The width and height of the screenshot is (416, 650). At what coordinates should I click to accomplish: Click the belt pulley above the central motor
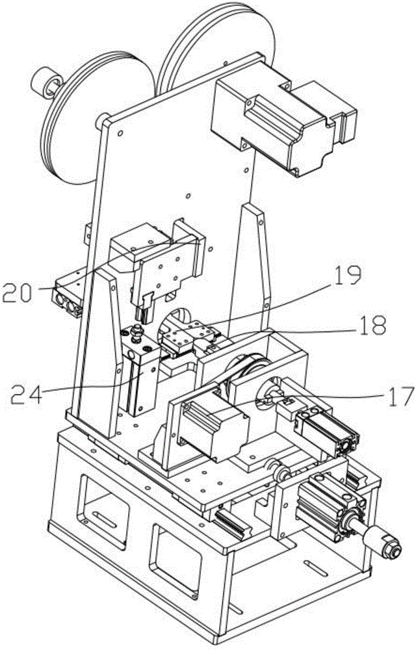[x=244, y=370]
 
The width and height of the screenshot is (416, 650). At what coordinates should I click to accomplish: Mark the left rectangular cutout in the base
[x=101, y=504]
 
